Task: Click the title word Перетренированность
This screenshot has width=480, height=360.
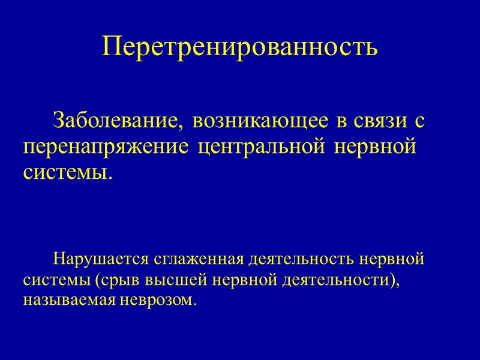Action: (240, 47)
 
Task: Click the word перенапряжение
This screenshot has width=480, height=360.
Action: (106, 147)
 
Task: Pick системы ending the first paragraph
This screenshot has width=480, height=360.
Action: (67, 173)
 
